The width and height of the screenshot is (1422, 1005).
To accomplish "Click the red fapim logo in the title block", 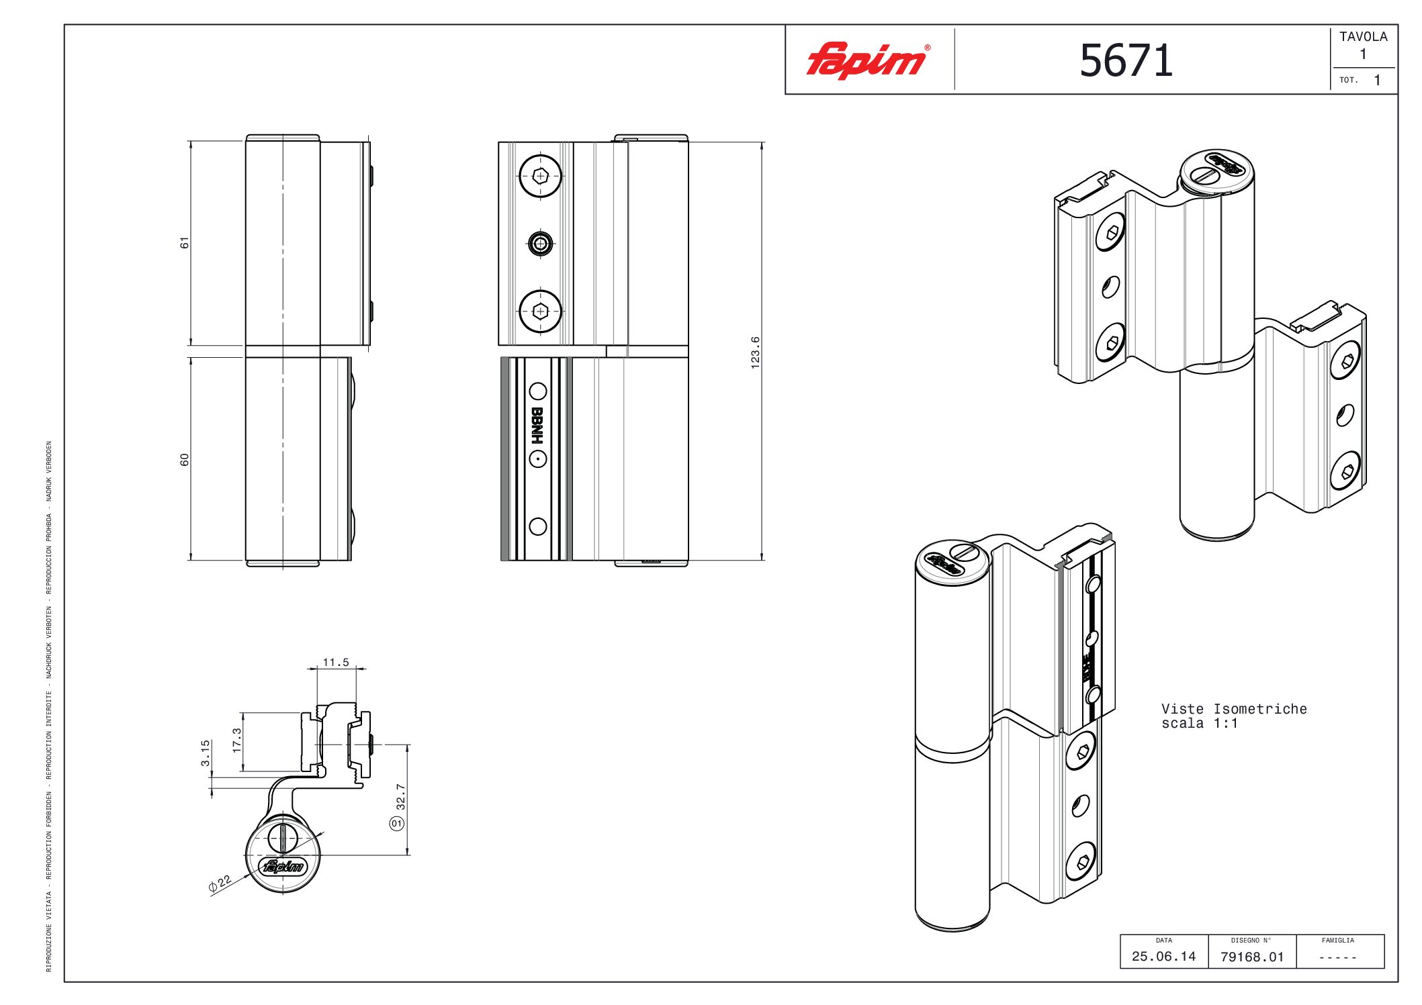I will click(867, 60).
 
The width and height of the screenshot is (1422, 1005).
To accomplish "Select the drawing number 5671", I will click(1126, 61).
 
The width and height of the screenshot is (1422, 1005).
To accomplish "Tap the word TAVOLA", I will click(1363, 37).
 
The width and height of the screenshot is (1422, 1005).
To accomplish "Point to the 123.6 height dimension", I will click(755, 352).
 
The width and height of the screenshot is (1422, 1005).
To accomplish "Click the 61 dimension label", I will click(185, 242).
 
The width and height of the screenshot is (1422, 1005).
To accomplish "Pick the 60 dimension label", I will click(185, 459).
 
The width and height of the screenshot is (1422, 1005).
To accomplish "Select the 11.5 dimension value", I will click(336, 663).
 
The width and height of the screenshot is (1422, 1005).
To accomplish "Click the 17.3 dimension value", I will click(236, 740).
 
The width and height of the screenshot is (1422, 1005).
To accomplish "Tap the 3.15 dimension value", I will click(206, 753).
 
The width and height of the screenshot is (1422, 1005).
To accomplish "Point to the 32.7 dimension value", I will click(401, 796).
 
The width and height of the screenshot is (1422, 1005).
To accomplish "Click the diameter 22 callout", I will click(220, 883).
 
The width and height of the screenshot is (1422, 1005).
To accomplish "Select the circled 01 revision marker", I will click(397, 823).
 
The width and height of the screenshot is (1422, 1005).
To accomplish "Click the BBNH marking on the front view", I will click(537, 425).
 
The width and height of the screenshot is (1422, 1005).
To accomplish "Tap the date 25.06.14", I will click(1163, 956).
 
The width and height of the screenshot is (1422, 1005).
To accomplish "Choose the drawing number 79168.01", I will click(1252, 957).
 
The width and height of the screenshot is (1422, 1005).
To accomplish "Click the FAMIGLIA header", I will click(1337, 941).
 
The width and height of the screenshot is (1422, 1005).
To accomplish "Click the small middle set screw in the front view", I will click(540, 243).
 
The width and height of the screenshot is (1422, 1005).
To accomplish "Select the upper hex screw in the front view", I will click(540, 176).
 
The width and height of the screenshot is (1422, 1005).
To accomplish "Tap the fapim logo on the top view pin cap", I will click(285, 867).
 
